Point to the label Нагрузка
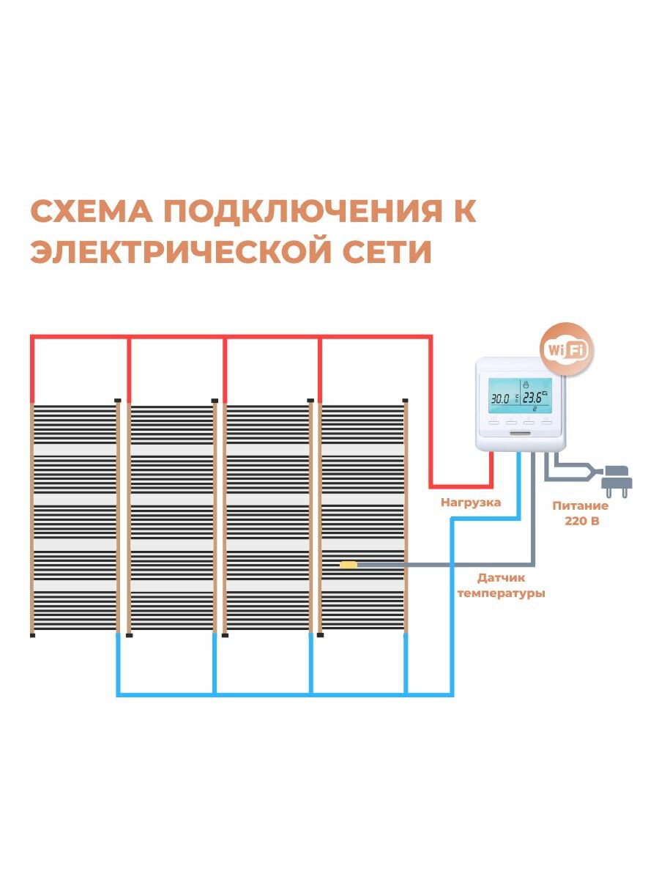[471, 503]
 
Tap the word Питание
[581, 506]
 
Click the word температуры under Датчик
[501, 593]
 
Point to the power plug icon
[615, 481]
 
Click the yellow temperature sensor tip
[349, 565]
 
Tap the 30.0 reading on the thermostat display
[500, 399]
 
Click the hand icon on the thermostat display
[526, 384]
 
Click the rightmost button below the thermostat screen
[547, 420]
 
